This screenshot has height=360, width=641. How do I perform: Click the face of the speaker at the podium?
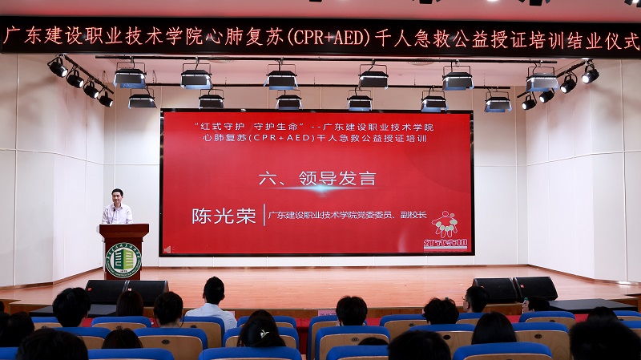pyautogui.click(x=118, y=196)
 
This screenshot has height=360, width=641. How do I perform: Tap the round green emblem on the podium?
pyautogui.click(x=123, y=260)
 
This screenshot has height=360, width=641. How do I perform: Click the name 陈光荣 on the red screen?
pyautogui.click(x=223, y=216)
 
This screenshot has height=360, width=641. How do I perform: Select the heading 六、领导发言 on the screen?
pyautogui.click(x=317, y=178)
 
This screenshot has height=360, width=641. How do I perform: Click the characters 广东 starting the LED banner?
pyautogui.click(x=22, y=36)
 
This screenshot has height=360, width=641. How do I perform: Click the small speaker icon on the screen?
pyautogui.click(x=167, y=249)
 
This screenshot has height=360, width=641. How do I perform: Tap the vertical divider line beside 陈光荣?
pyautogui.click(x=263, y=215)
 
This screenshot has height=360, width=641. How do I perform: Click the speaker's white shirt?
pyautogui.click(x=118, y=215)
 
